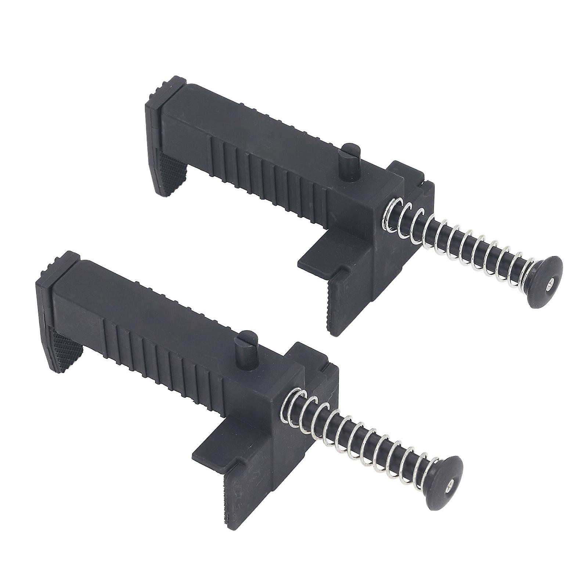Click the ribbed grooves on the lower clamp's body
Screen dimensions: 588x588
coord(165,349)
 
